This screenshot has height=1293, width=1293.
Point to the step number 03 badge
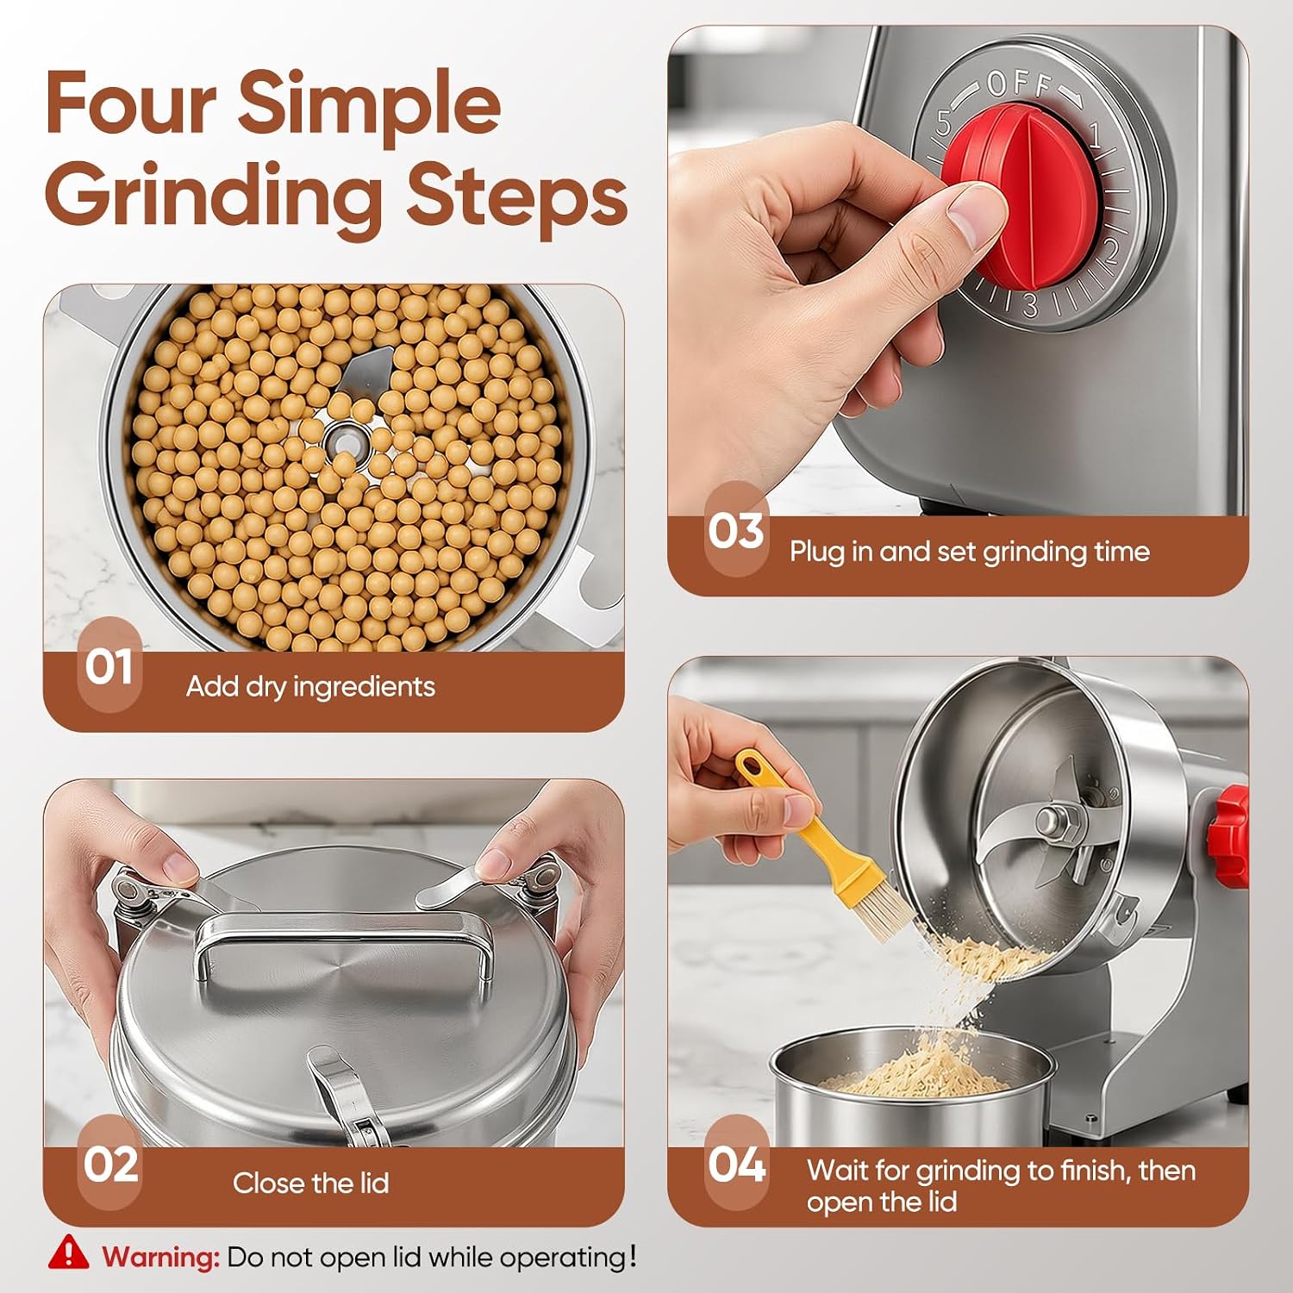(735, 529)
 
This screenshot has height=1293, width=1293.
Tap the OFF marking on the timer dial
(1020, 84)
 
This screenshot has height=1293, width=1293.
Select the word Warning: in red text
(161, 1257)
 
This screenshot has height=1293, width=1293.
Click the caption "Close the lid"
(310, 1183)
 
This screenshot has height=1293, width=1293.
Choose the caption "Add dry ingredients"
(310, 686)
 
